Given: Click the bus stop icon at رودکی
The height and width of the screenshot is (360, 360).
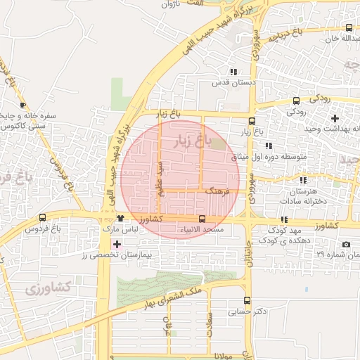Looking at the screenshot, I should pos(296,101).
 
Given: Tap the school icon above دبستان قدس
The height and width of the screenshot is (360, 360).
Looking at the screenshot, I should pos(233,72).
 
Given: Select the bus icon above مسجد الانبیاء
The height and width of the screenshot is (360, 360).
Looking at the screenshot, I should pos(202,219).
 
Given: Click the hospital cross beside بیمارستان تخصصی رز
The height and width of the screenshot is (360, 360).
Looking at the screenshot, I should pos(117,243).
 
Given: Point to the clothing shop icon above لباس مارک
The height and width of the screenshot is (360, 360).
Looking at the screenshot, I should pos(121,219).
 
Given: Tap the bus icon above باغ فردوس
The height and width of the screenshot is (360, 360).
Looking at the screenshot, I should pos(43,218).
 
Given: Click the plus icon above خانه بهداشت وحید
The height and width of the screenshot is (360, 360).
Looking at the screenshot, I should pos(335,118).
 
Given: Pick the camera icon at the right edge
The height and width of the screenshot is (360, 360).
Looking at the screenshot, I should pos(346,244).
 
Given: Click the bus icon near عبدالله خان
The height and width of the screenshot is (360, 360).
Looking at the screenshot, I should pos(349,27).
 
